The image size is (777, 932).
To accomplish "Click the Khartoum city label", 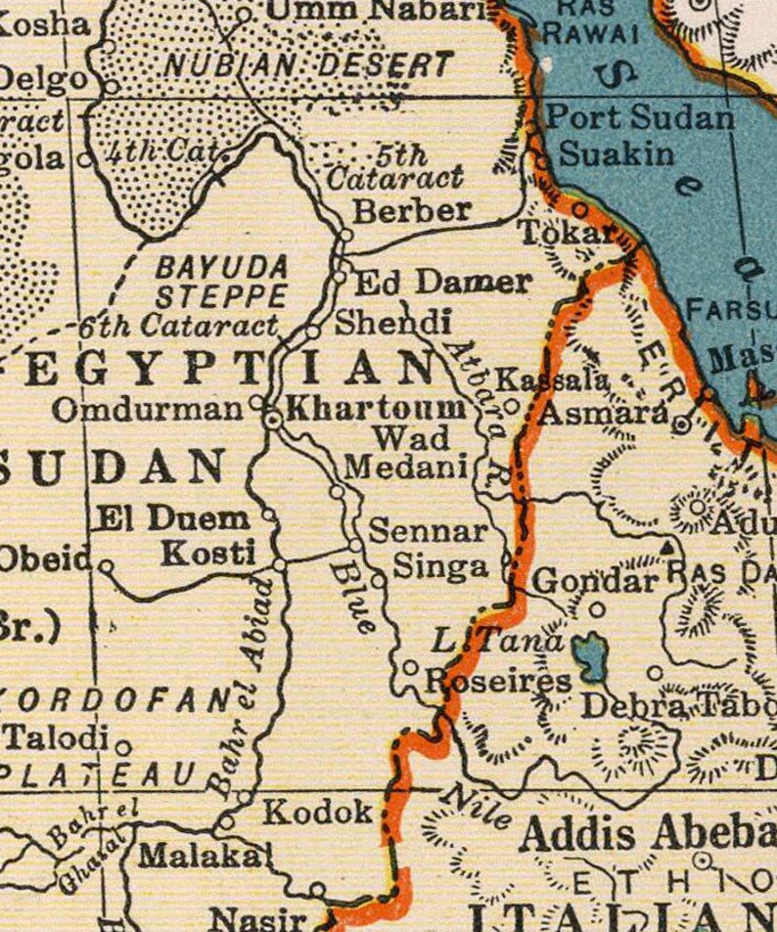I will coord(377,408).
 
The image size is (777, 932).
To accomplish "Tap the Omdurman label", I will coord(147,409).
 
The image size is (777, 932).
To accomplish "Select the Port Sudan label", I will coord(639,118).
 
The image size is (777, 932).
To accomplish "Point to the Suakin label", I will coord(616,154).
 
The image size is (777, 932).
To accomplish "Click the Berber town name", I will coord(412,210).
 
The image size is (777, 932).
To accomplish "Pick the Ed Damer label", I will coord(442,283).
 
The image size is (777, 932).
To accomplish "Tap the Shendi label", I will coord(393,322).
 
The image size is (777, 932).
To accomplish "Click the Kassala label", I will coord(553,379).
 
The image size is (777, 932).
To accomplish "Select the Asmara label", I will coord(604,413).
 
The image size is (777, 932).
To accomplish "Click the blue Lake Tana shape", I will coord(589,657).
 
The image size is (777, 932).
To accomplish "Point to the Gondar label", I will coord(594,581).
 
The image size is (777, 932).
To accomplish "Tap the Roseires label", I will coord(499,682).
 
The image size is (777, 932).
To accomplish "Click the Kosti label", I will coord(207,552).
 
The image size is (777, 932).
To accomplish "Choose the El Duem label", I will coord(170,518).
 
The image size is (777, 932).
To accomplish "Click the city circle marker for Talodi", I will coord(122,748).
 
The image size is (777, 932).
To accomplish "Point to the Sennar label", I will coord(428,531).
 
